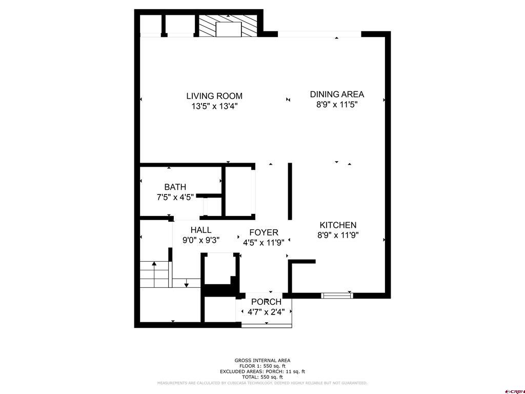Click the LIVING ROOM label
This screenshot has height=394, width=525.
pos(214,96)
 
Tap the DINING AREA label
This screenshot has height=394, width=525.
pos(337,94)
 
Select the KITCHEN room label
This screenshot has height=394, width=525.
pos(338,225)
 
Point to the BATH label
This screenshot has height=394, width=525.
pos(175,187)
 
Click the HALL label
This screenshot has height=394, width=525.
pos(201,230)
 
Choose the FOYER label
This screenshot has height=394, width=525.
pos(264,232)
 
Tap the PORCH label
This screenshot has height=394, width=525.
pos(266,302)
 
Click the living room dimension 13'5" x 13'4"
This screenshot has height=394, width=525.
pos(214,107)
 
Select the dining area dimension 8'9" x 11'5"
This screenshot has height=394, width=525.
pos(337,105)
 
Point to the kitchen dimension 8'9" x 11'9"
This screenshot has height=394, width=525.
pos(338,235)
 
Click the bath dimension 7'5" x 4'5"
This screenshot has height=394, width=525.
pos(175,197)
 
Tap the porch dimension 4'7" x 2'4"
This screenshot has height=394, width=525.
pos(266,312)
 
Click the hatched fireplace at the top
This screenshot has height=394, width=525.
pos(228,26)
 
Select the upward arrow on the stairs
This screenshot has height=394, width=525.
pos(154,274)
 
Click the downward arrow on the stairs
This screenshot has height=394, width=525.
pos(187,283)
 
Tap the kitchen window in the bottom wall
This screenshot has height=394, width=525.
pos(337,295)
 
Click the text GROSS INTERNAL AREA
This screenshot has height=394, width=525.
pos(262,361)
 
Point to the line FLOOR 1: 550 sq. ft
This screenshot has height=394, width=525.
pos(262,366)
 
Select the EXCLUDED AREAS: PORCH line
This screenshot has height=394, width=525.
pos(262,371)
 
